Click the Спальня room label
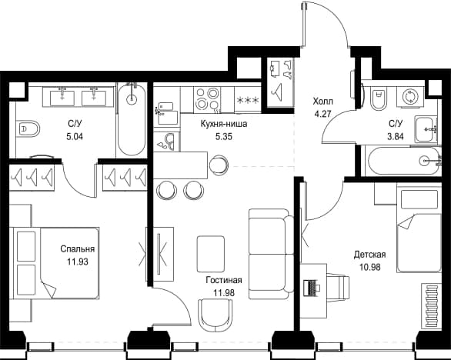(78, 248)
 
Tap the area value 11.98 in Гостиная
(224, 293)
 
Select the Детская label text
(369, 255)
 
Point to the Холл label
(322, 102)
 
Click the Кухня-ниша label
(224, 124)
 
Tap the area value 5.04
(75, 136)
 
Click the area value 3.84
(396, 136)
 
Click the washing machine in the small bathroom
(409, 97)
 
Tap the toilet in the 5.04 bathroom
(28, 128)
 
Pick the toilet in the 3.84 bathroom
(379, 98)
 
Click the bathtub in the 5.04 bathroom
(132, 120)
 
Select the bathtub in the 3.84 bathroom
(402, 161)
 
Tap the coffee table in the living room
(211, 254)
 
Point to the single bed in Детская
(419, 229)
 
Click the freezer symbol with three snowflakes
(248, 100)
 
